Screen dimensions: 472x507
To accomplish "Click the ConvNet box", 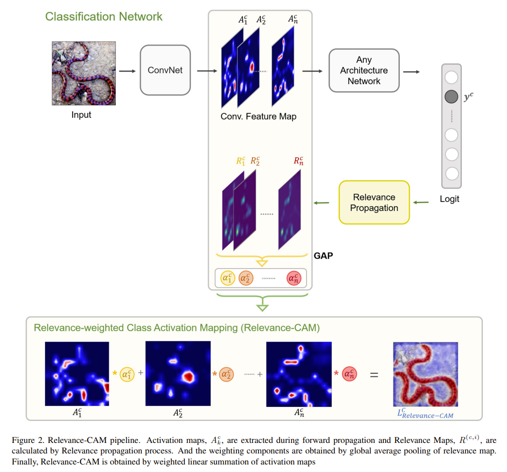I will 165,70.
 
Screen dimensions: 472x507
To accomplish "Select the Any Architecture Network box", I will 364,71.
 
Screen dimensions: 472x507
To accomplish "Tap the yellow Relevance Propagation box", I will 374,202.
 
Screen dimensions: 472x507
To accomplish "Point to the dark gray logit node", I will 451,97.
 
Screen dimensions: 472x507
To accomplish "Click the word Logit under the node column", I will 449,199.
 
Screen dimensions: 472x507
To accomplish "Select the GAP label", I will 323,256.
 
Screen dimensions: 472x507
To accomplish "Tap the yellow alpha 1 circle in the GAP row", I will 227,278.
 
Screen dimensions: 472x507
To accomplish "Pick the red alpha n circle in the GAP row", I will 294,278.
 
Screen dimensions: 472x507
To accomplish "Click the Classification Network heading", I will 104,17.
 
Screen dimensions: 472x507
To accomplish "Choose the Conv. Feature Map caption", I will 259,117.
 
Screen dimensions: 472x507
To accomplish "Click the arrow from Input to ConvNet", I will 127,71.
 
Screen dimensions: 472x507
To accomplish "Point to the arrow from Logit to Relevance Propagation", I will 422,202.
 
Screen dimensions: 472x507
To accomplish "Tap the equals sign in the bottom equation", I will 374,374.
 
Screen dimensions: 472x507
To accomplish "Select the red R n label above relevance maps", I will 298,161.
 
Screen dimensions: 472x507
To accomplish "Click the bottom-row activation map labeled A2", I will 177,374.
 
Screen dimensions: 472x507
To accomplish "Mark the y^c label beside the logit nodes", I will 468,97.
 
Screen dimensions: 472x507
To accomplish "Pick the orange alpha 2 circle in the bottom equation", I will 227,374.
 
